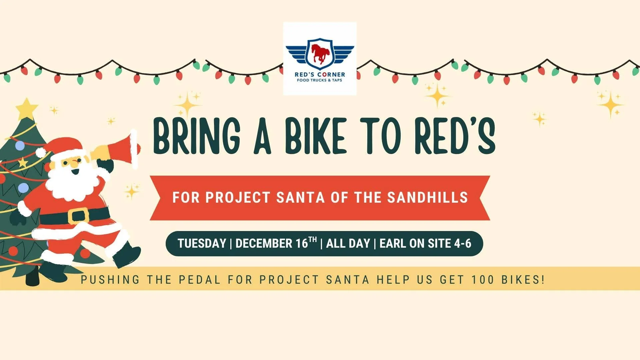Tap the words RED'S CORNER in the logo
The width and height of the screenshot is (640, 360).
pos(320,75)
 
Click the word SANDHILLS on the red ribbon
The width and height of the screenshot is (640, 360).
pos(428,197)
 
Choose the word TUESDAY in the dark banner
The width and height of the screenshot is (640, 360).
pos(202,244)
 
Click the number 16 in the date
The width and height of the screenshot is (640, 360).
pos(302,244)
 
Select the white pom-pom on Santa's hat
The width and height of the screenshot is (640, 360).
pos(41,153)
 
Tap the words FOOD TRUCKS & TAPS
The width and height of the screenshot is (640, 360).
pos(320,80)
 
